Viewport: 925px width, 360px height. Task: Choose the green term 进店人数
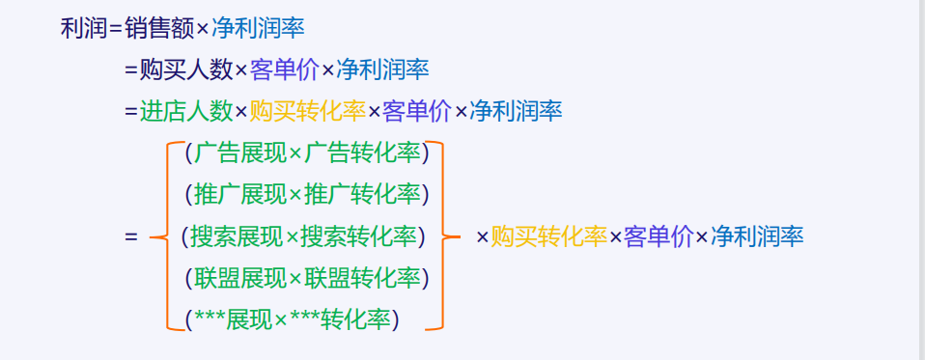(x=186, y=111)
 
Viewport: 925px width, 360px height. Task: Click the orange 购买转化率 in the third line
(x=307, y=111)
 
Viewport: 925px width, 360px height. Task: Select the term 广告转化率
(x=363, y=152)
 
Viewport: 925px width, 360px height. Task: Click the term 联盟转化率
(x=363, y=278)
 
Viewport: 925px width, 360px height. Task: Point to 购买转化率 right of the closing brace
(x=548, y=235)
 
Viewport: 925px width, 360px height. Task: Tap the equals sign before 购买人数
(x=130, y=69)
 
